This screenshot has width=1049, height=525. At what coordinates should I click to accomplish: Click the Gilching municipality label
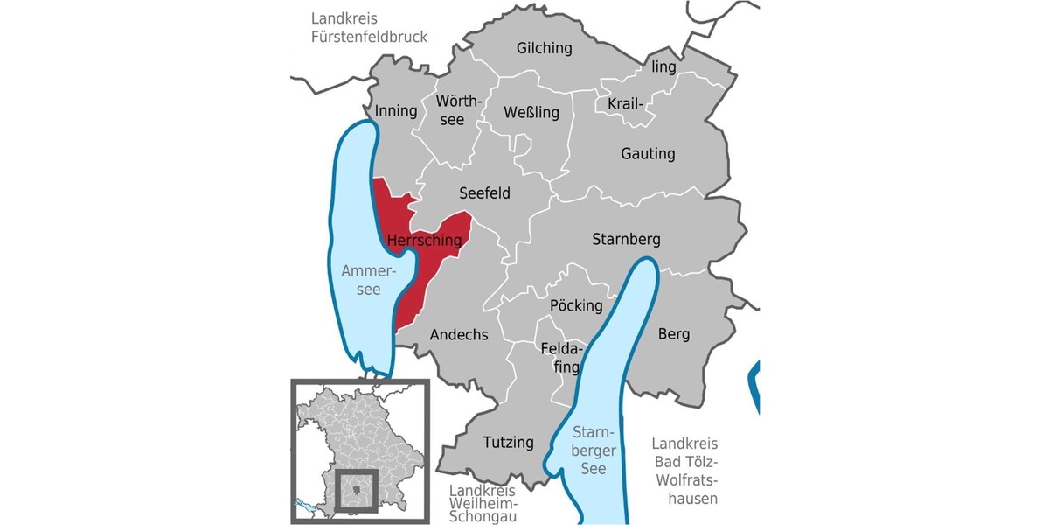click(x=544, y=48)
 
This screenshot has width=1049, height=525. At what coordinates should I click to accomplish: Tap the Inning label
click(x=396, y=111)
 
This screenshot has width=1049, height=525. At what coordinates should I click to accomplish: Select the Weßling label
click(x=531, y=112)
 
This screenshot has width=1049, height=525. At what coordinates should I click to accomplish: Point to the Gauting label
click(x=648, y=153)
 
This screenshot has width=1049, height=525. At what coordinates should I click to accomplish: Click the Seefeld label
click(x=484, y=192)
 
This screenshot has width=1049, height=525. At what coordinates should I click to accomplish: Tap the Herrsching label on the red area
click(x=424, y=240)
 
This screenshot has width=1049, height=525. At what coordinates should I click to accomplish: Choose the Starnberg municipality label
click(x=626, y=238)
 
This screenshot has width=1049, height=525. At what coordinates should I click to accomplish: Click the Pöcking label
click(x=576, y=305)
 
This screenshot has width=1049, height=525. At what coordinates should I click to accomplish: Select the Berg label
click(x=673, y=333)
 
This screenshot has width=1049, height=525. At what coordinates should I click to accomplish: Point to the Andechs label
click(x=459, y=333)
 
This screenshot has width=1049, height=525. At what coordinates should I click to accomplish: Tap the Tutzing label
click(x=508, y=442)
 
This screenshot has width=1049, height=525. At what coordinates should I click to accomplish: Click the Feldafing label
click(x=560, y=357)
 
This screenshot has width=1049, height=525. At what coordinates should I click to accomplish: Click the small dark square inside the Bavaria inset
click(x=357, y=489)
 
